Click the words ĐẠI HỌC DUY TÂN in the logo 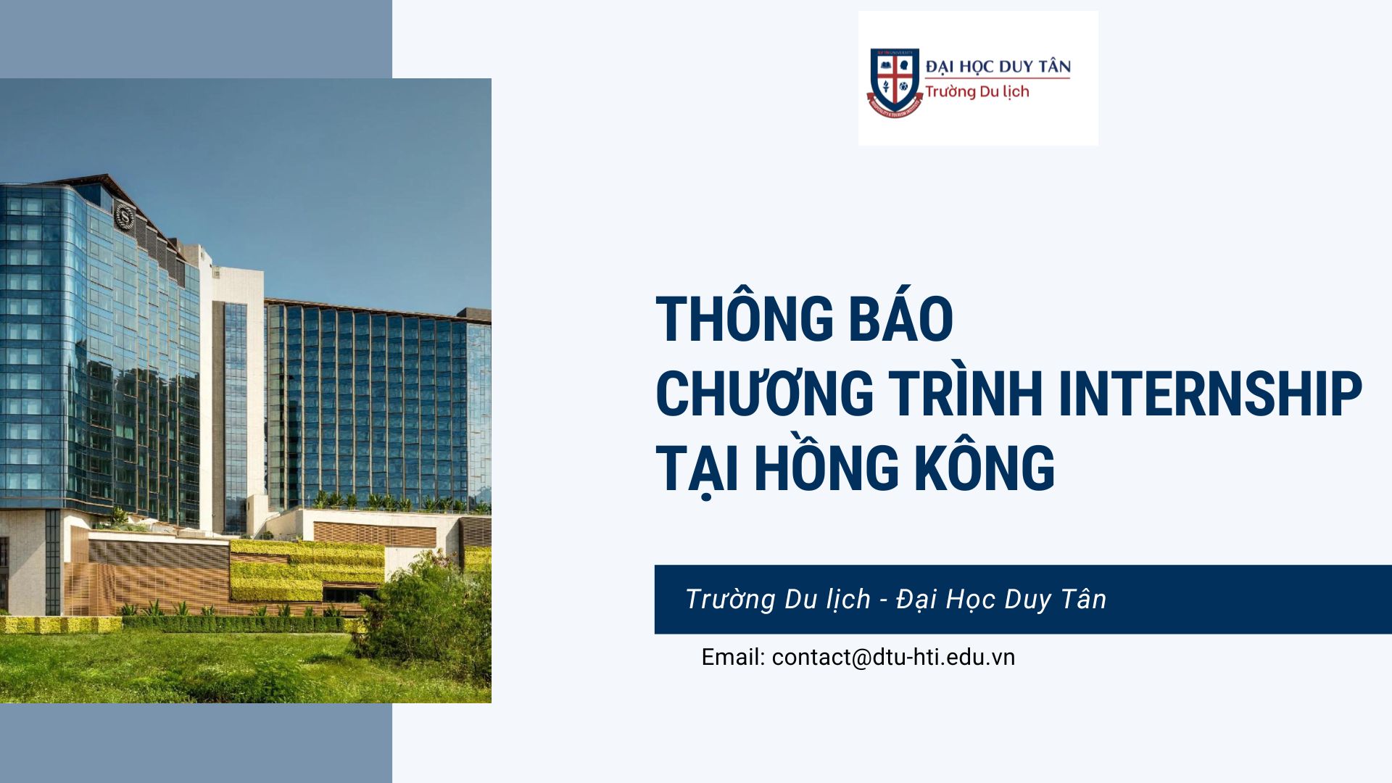tap(998, 67)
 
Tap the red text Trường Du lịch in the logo tap(977, 91)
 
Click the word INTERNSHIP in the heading tap(1210, 393)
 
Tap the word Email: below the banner tap(733, 657)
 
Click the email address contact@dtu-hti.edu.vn tap(893, 657)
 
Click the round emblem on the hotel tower tap(125, 215)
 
